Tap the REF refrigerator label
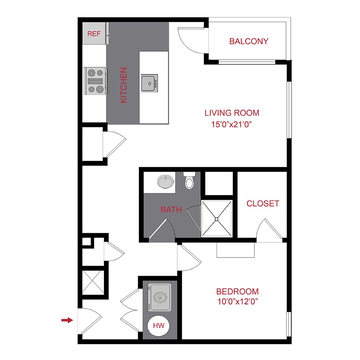94,34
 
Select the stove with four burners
95,80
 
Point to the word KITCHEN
124,85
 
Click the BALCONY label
248,41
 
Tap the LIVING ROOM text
232,113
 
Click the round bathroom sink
166,182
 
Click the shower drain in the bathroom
217,219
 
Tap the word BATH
171,209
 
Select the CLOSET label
262,203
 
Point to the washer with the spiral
160,297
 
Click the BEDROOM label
237,292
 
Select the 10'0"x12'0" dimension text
237,302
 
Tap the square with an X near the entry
93,284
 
